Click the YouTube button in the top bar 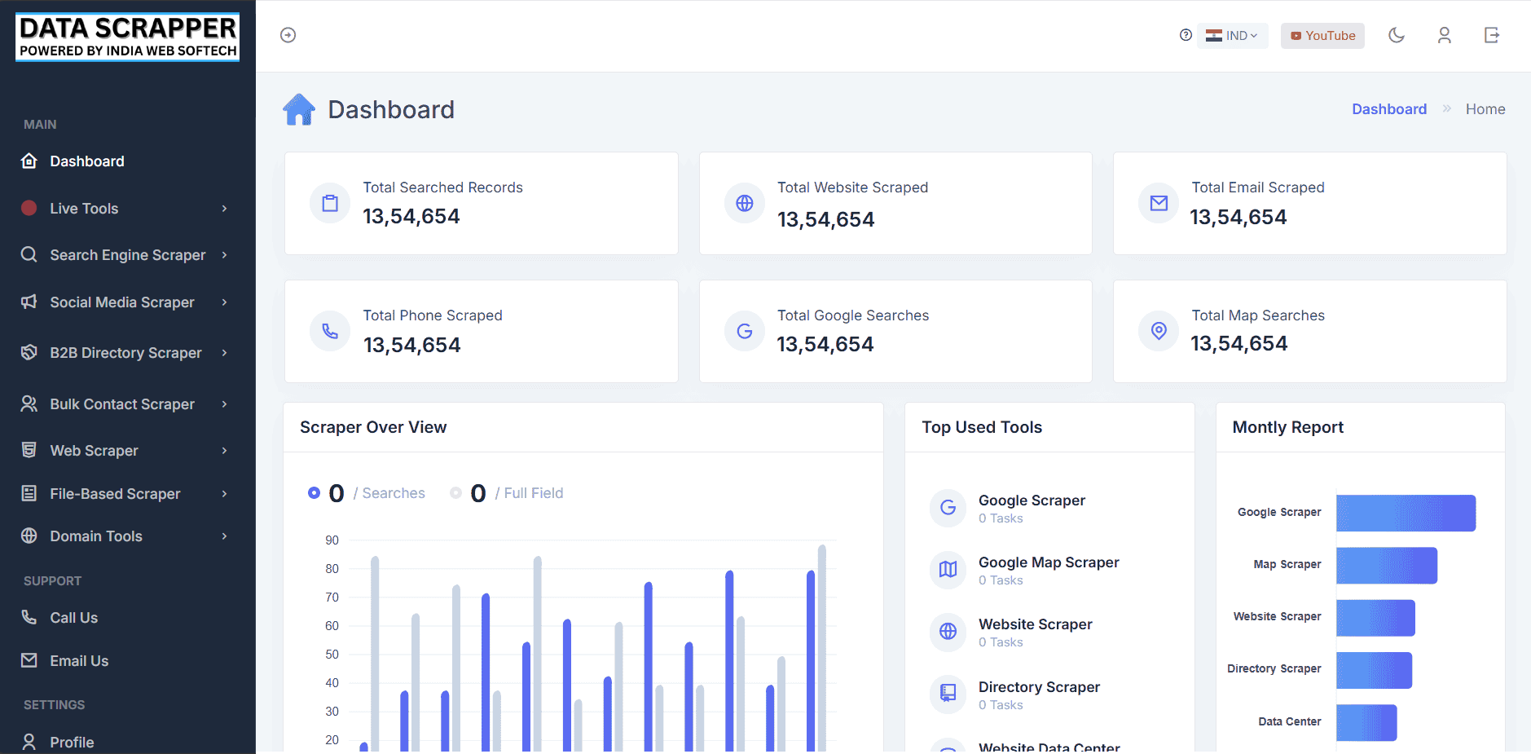coord(1322,36)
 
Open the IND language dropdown coord(1232,36)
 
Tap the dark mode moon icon coord(1397,35)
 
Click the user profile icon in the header coord(1444,35)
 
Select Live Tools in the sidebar coord(84,209)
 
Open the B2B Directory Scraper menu coord(125,353)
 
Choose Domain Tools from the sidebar coord(96,536)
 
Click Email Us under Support coord(79,661)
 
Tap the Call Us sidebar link coord(73,618)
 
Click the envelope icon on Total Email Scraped coord(1159,203)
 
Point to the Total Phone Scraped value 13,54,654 coord(411,346)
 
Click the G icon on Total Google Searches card coord(744,331)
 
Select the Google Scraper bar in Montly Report coord(1406,513)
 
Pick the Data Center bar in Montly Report coord(1366,722)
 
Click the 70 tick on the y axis coord(332,597)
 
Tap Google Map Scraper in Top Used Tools coord(1048,562)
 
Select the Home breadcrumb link coord(1485,109)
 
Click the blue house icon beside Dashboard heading coord(299,109)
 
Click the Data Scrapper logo coord(128,37)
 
